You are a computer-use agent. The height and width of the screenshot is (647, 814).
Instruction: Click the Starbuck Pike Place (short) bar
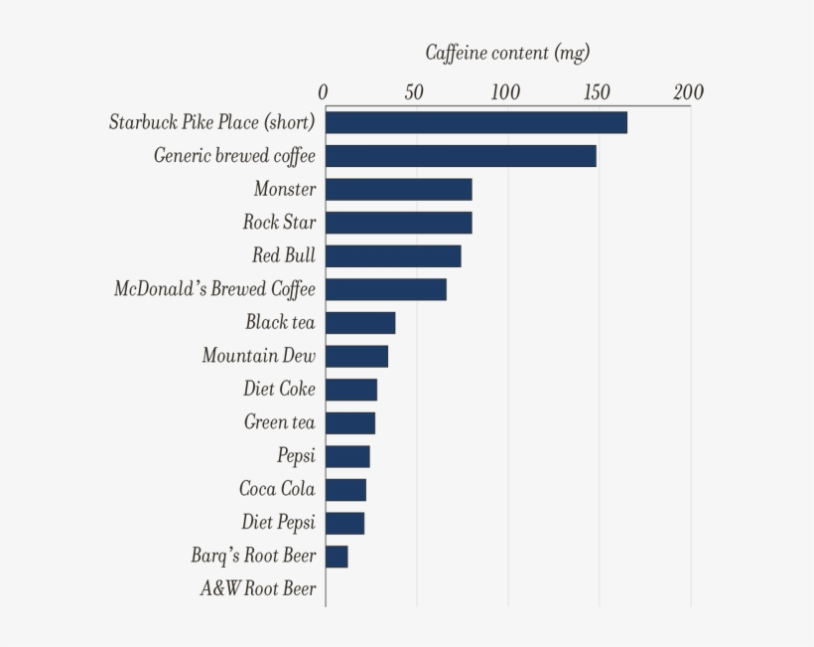pos(475,122)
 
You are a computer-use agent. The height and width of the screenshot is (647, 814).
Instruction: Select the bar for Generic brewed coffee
pos(461,156)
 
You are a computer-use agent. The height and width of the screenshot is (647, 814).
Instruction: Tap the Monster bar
pos(398,189)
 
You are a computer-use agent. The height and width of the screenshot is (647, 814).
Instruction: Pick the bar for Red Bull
pos(392,255)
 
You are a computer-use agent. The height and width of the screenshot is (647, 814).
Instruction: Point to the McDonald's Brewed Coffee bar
pos(385,289)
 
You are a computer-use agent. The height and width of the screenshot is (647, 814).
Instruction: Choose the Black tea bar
pos(359,323)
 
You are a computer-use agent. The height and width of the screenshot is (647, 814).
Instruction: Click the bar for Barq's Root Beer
pos(336,556)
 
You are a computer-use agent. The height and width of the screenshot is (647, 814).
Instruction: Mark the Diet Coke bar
pos(350,390)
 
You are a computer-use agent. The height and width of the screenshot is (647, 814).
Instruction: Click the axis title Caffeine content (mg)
pos(506,53)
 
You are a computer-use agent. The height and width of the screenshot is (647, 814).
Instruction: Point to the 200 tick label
pos(688,92)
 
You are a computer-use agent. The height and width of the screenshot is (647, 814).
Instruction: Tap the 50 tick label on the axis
pos(414,92)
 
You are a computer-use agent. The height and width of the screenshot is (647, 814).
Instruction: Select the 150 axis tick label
pos(597,92)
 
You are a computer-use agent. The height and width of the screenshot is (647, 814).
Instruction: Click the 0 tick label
pos(324,92)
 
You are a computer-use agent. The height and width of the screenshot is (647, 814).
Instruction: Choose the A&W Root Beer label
pos(258,588)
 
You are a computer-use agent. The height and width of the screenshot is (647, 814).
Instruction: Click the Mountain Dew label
pos(258,356)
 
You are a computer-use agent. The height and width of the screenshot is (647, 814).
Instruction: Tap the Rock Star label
pos(279,222)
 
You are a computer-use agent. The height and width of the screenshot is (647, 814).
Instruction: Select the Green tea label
pos(279,422)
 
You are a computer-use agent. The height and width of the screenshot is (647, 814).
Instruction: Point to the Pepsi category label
pos(296,456)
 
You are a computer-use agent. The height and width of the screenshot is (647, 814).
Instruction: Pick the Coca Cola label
pos(277,489)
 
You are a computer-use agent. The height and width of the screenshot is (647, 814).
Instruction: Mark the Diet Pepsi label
pos(278,523)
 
